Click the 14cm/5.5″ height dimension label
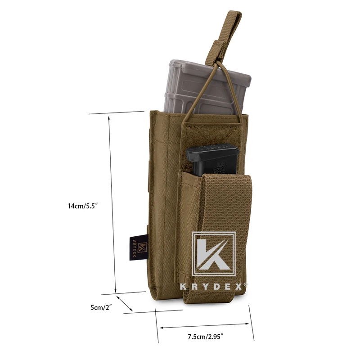83,206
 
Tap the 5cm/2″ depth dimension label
101,307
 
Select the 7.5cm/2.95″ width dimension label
206,337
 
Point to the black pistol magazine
212,161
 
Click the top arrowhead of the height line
109,118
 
